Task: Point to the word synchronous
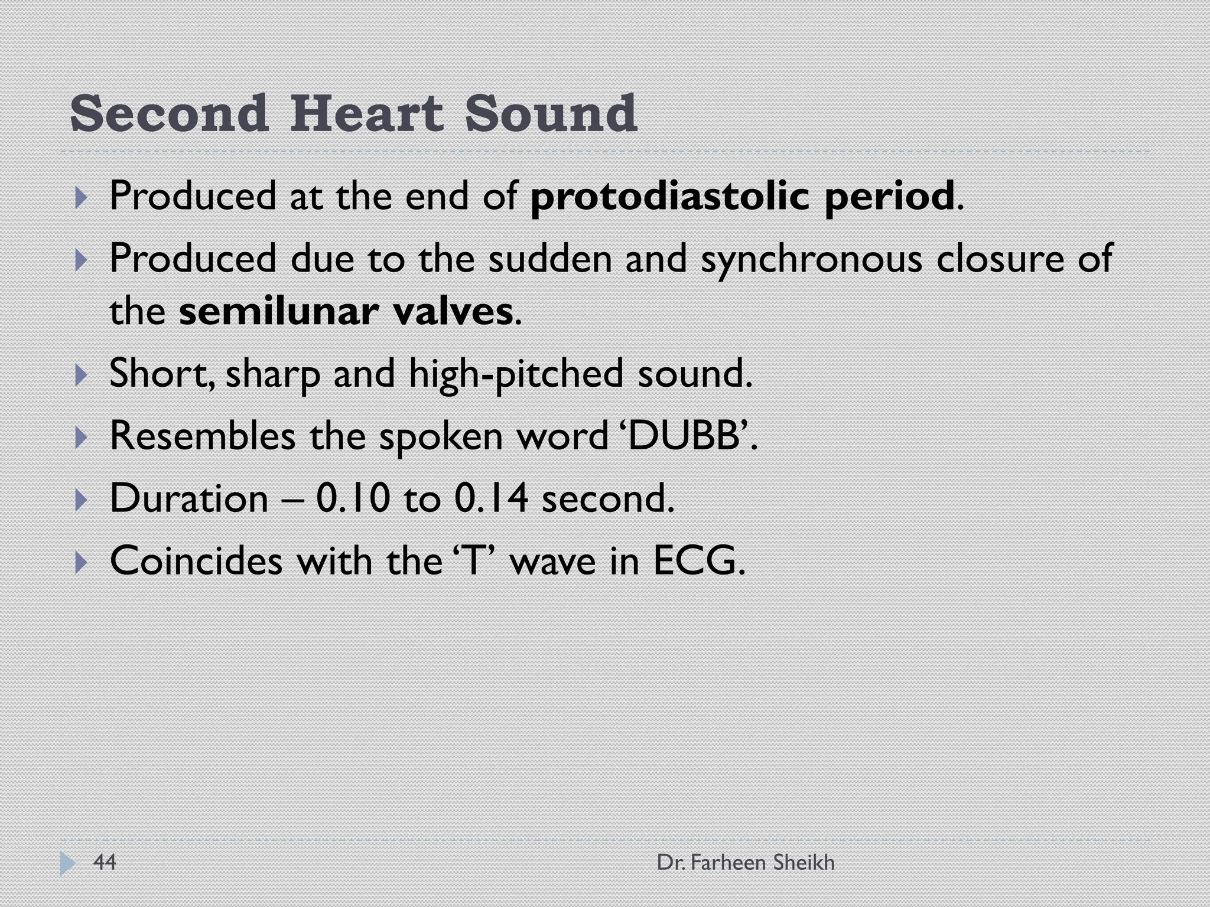tap(811, 259)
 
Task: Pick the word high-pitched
tap(516, 374)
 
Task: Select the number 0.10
tap(353, 498)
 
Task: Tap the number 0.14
tap(491, 498)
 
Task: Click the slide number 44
tap(105, 862)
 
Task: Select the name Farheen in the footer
tap(728, 863)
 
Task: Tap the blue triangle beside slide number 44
tap(67, 863)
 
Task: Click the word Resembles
tap(203, 436)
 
